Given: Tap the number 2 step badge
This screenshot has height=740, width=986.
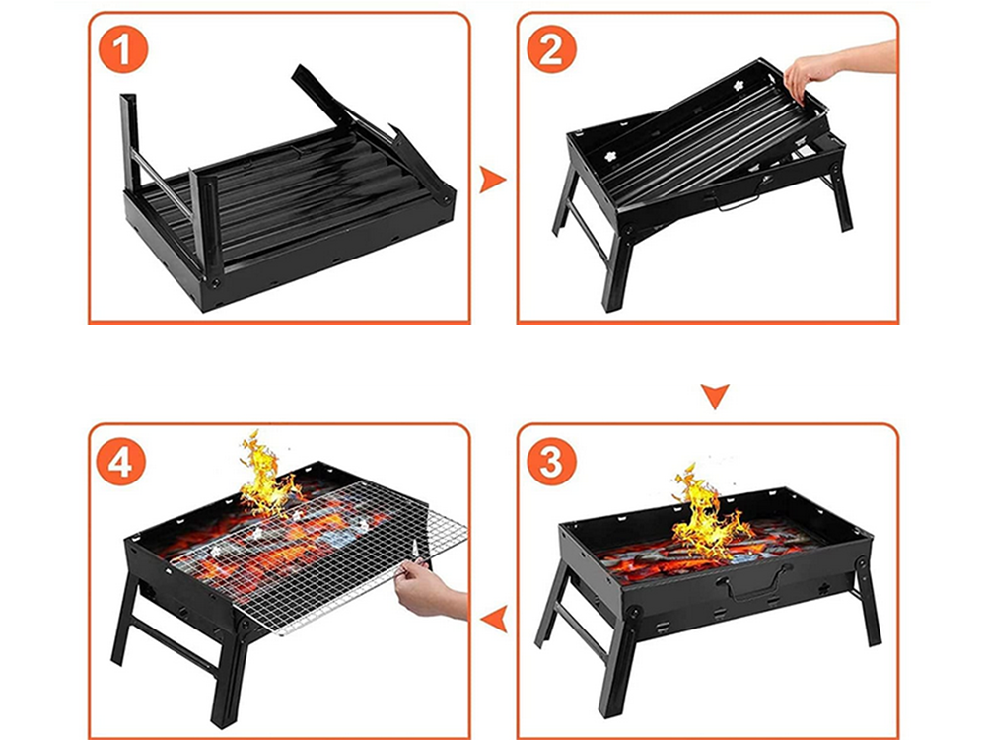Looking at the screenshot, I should pos(552,50).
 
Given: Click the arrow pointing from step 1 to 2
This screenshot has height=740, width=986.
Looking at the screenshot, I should pos(492,180).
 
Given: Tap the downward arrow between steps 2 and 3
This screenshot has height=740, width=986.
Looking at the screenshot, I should pos(716,397).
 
